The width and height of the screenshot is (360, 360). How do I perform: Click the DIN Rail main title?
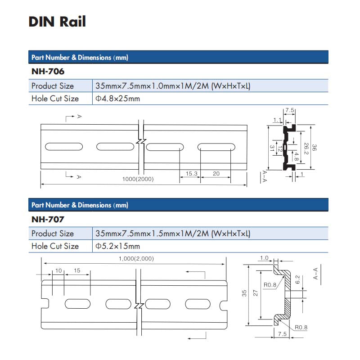tap(57, 22)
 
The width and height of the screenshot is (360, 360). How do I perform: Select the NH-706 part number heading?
tap(48, 72)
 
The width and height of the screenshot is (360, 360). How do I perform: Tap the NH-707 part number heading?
tap(48, 220)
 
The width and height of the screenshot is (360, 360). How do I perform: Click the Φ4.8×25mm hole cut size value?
tap(118, 99)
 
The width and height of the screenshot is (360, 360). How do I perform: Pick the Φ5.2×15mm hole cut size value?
tap(118, 246)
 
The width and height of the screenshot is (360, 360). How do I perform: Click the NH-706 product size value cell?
tap(173, 85)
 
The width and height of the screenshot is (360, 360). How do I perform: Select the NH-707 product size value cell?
tap(173, 234)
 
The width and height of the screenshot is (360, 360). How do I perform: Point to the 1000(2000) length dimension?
tap(138, 179)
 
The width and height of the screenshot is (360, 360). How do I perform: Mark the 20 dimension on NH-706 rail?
tap(216, 173)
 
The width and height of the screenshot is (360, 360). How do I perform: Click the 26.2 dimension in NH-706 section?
tap(306, 147)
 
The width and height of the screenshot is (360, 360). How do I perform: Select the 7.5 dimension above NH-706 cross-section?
tap(289, 110)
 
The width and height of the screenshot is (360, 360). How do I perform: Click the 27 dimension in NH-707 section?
tap(255, 293)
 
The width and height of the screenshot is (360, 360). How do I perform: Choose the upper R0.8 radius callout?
tap(270, 285)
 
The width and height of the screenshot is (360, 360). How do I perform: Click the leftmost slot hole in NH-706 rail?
tap(63, 147)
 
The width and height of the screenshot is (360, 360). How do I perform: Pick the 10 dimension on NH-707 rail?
tap(58, 271)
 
